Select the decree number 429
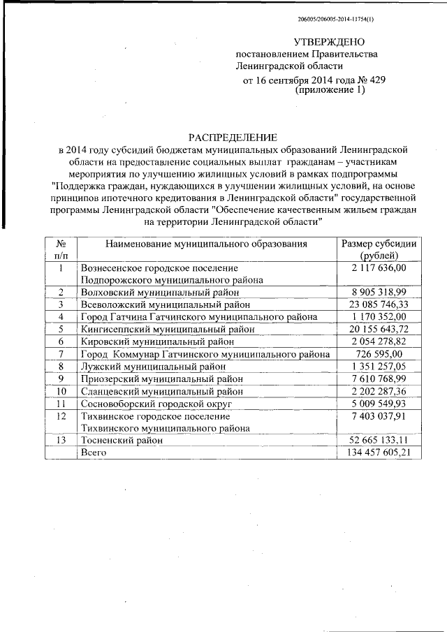tap(376, 80)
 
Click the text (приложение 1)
tap(330, 91)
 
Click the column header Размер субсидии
tap(379, 244)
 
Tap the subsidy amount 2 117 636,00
tap(379, 268)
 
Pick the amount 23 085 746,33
tap(379, 304)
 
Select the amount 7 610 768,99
tap(379, 379)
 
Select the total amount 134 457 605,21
tap(379, 453)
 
